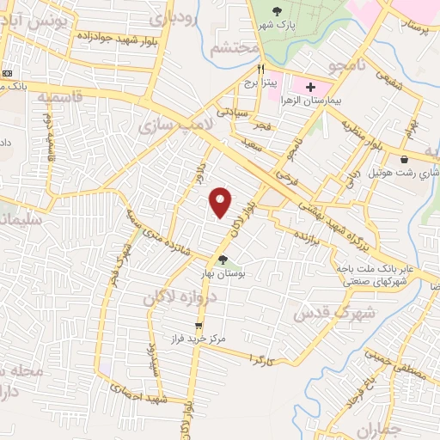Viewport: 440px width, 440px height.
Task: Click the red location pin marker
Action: click(x=222, y=202)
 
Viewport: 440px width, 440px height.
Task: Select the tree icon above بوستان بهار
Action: click(x=223, y=260)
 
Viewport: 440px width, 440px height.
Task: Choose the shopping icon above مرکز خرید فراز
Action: click(x=199, y=327)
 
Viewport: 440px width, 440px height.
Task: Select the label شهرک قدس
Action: click(x=324, y=312)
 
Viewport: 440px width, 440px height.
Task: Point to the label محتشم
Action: click(x=235, y=49)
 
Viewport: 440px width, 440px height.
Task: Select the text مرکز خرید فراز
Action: click(x=199, y=339)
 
